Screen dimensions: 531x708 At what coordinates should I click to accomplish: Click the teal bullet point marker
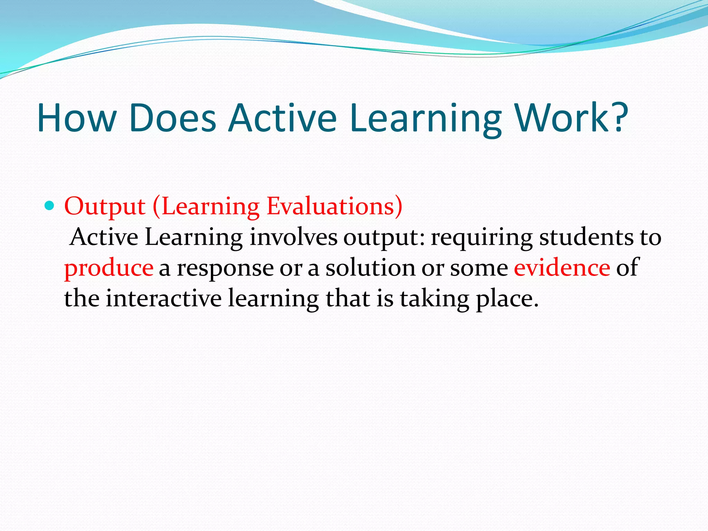click(x=50, y=206)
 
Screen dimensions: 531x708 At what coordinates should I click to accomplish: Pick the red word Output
click(x=105, y=207)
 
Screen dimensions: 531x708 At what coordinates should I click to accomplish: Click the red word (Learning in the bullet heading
click(x=206, y=207)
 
